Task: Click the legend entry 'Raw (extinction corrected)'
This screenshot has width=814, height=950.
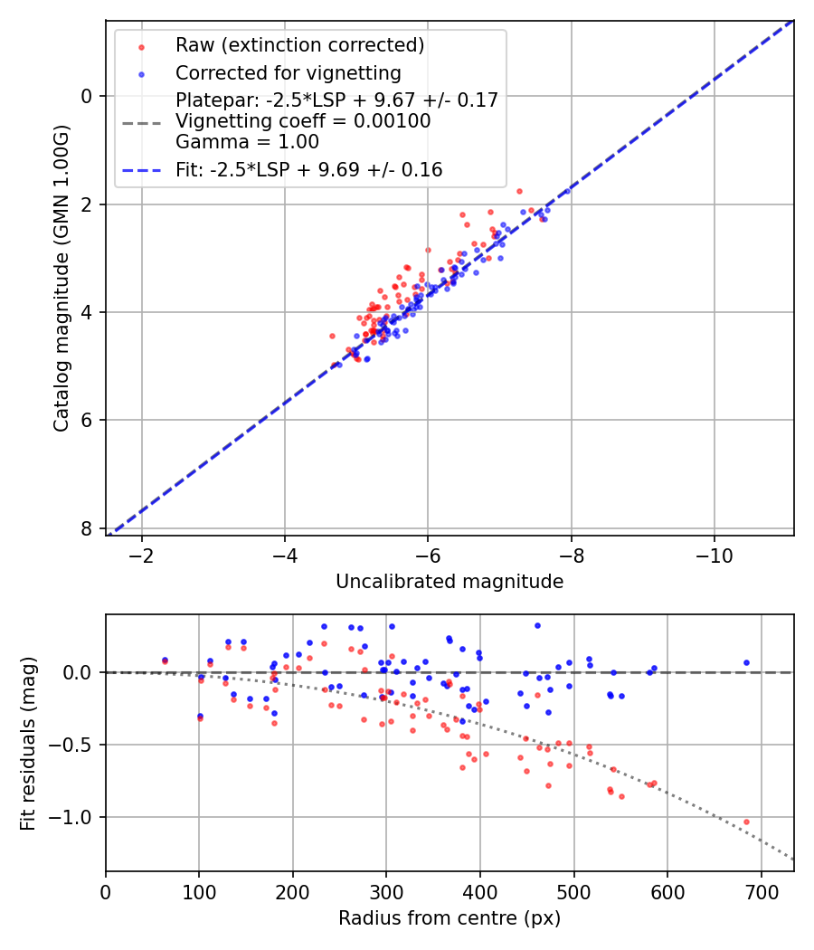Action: [x=299, y=45]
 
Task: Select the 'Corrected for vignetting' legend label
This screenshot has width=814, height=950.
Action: [x=288, y=72]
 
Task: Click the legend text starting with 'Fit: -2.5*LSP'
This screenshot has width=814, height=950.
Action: [x=308, y=170]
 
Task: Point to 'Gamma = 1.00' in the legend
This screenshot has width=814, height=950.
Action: [x=247, y=142]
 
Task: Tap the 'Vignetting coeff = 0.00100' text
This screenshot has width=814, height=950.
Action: [x=303, y=121]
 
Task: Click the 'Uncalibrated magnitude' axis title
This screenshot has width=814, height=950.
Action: [x=450, y=582]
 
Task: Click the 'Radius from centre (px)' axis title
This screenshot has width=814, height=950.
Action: [x=450, y=918]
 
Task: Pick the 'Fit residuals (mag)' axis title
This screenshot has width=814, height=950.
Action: [x=28, y=743]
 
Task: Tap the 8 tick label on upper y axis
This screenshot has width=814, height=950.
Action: [x=88, y=528]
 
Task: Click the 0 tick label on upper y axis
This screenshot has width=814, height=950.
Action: [x=88, y=96]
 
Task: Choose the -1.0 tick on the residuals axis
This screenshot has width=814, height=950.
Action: [x=77, y=817]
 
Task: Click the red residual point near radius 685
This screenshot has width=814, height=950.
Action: [x=746, y=822]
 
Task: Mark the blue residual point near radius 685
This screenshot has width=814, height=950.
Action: [x=746, y=662]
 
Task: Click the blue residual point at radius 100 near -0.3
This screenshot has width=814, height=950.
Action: [x=200, y=716]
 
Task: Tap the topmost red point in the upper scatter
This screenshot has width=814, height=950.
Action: [x=519, y=191]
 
